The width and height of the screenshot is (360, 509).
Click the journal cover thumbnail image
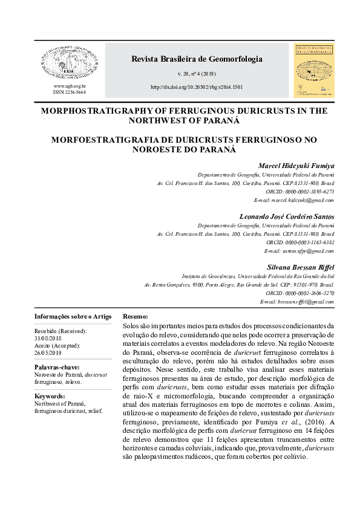point(314,71)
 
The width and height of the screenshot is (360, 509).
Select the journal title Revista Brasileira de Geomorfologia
point(197,59)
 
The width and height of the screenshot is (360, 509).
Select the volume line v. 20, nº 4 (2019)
point(197,74)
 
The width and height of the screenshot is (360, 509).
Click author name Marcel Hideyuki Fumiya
point(296,166)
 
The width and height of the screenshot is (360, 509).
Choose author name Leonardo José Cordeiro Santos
point(287,216)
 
